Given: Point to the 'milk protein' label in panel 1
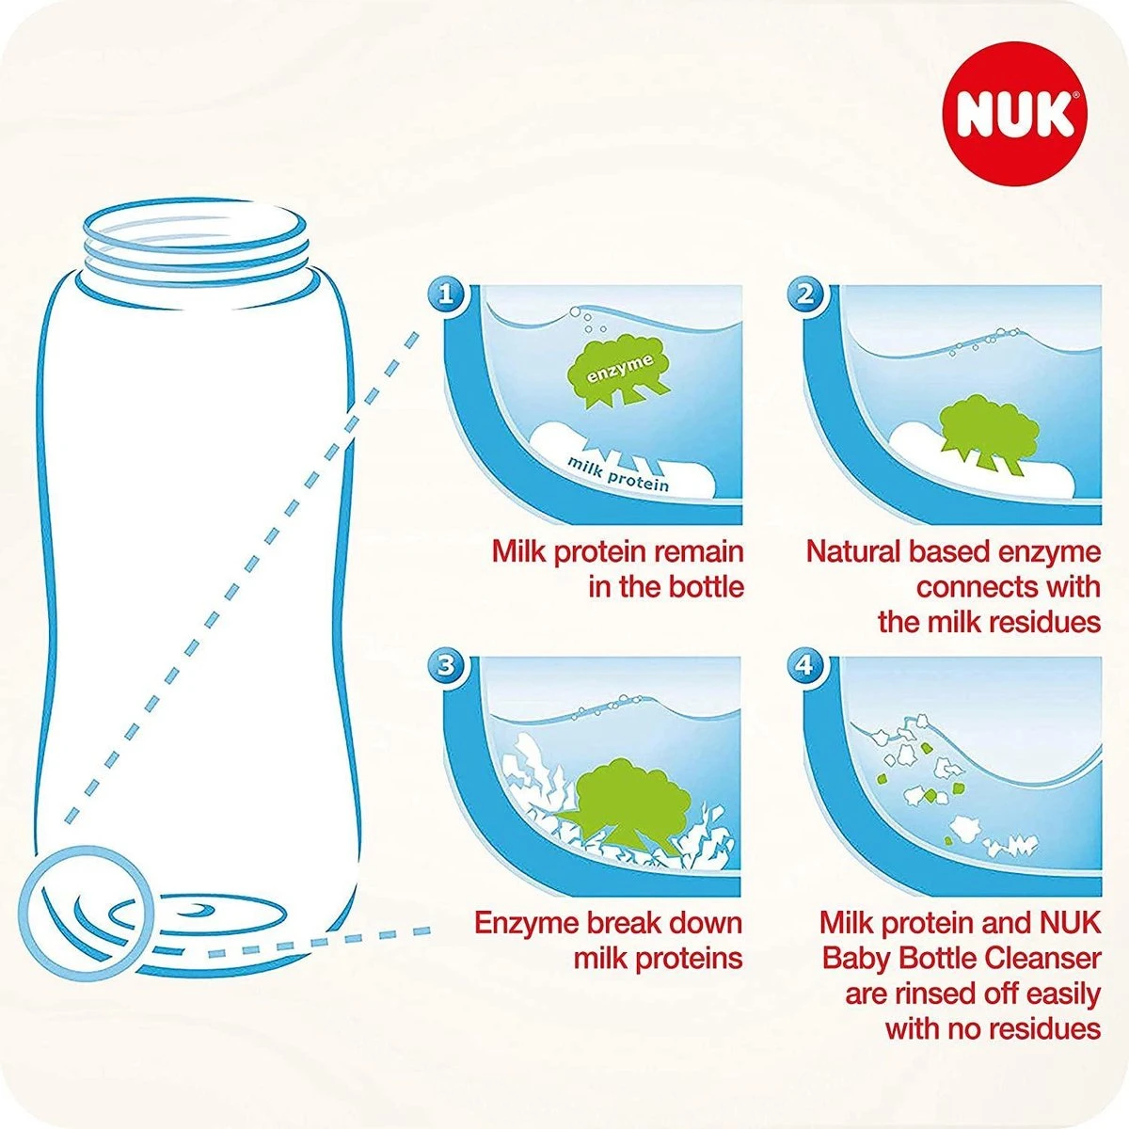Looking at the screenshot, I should click(x=617, y=472).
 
